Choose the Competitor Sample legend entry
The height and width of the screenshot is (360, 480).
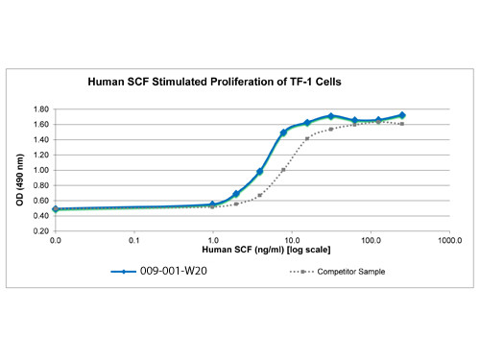(350, 272)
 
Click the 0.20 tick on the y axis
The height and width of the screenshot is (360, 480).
(40, 231)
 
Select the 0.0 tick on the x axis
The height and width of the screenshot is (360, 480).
(56, 239)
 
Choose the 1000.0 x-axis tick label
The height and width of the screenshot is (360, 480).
(446, 239)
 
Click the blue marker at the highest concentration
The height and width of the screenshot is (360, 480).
(402, 115)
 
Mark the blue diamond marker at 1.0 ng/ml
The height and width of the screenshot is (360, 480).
(213, 204)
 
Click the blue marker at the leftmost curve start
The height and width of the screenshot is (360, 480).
(56, 208)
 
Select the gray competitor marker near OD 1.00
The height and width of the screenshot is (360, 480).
(283, 170)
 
